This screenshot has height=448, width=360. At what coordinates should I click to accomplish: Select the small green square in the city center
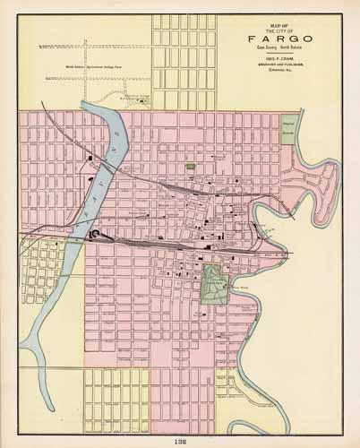(190, 167)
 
